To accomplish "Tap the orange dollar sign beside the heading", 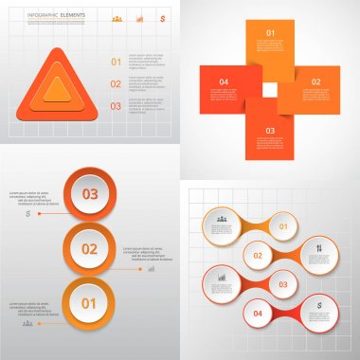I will tap(161, 18).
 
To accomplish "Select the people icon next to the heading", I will tap(117, 18).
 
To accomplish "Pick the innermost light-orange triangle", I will tap(58, 91).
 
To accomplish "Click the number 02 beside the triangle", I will tap(117, 84).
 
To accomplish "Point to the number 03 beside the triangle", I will tap(117, 106).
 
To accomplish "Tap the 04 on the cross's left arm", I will tap(224, 82).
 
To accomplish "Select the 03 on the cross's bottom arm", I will tap(270, 131).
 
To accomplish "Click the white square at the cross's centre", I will tap(271, 89).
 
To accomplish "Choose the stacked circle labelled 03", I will tap(91, 195).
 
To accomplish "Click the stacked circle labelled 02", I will tap(90, 250).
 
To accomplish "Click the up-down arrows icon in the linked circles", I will tap(319, 249).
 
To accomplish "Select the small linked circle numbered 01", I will tap(280, 226).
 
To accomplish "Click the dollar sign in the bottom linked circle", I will tap(320, 306).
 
